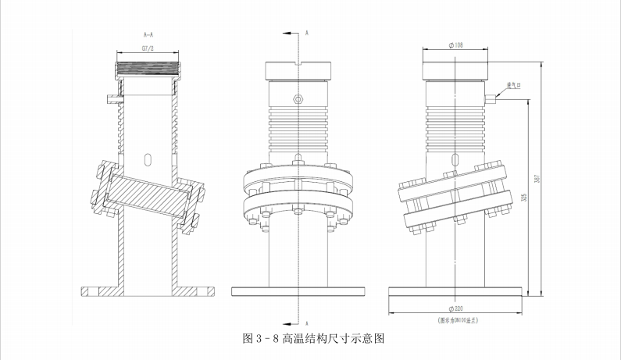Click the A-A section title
point(148,34)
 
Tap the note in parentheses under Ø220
point(457,319)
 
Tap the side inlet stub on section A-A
point(112,98)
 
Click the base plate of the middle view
point(299,292)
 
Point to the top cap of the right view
point(456,70)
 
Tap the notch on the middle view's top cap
point(299,63)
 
